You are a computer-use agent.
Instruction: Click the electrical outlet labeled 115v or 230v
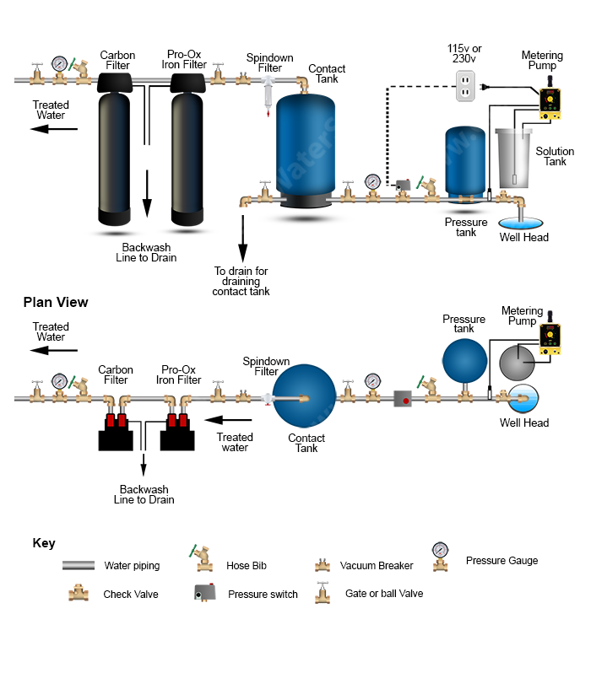(x=466, y=85)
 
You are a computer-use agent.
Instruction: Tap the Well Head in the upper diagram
(x=522, y=221)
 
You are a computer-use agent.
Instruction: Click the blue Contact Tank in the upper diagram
(x=305, y=148)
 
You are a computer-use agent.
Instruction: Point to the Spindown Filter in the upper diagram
(x=268, y=89)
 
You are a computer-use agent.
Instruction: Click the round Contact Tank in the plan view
(x=305, y=396)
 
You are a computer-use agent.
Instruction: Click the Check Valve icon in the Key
(x=78, y=593)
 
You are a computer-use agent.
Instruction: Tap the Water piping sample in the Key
(x=79, y=566)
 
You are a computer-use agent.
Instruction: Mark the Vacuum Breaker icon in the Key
(x=322, y=565)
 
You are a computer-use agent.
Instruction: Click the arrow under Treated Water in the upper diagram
(x=54, y=129)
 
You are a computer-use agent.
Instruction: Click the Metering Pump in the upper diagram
(x=550, y=98)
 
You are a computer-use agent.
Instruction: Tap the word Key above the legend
(x=44, y=543)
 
